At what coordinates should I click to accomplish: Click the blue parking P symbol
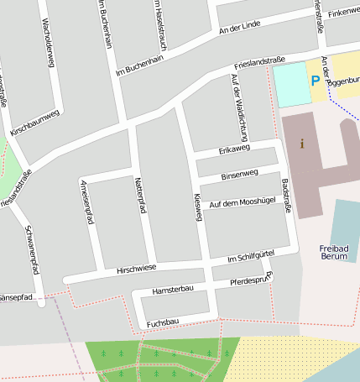tap(315, 81)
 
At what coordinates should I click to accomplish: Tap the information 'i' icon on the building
tap(302, 144)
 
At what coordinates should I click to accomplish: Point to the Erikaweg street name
tap(234, 149)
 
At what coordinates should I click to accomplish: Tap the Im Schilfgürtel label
tap(251, 259)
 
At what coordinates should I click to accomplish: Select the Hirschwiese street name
tap(137, 268)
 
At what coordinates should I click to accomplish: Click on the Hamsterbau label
tap(173, 290)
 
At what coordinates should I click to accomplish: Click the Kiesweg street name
tap(199, 205)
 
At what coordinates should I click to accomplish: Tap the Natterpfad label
tap(140, 196)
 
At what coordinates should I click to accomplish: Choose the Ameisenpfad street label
tap(86, 201)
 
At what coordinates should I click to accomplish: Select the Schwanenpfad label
tap(31, 250)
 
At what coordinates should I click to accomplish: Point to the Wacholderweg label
tap(48, 43)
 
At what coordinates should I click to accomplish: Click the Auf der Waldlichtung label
tap(239, 107)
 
